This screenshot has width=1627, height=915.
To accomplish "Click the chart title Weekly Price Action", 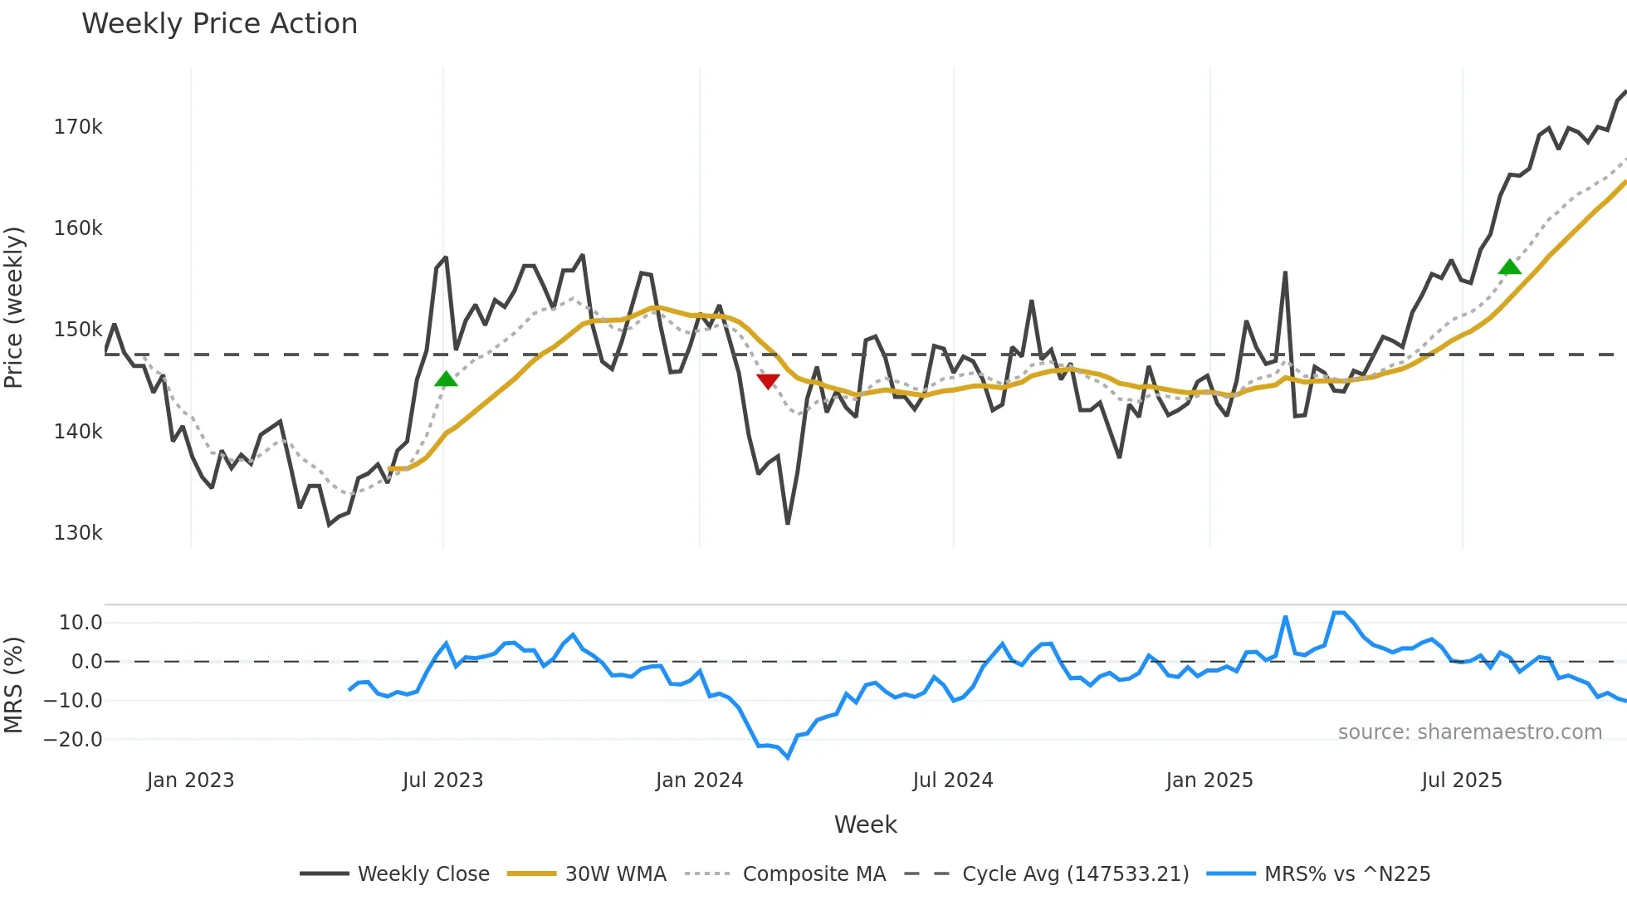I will pyautogui.click(x=219, y=24).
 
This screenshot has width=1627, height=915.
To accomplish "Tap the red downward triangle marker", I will pyautogui.click(x=768, y=381).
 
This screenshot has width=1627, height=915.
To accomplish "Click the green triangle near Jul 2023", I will pyautogui.click(x=446, y=379).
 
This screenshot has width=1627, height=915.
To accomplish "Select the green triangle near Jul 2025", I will pyautogui.click(x=1509, y=267).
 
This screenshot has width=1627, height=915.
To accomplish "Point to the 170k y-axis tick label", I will pyautogui.click(x=78, y=127).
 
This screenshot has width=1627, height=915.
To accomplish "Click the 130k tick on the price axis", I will pyautogui.click(x=78, y=533).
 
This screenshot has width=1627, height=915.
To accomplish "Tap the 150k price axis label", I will pyautogui.click(x=78, y=330).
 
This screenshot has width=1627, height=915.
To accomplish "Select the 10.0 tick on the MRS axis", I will pyautogui.click(x=81, y=623).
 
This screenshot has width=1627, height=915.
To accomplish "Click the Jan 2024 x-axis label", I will pyautogui.click(x=699, y=780).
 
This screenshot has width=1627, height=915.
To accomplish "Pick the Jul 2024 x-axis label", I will pyautogui.click(x=952, y=780).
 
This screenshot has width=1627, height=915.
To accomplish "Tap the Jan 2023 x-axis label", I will pyautogui.click(x=190, y=780).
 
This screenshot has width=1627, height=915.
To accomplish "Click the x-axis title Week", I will pyautogui.click(x=865, y=824).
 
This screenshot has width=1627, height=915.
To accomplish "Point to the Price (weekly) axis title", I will pyautogui.click(x=14, y=307).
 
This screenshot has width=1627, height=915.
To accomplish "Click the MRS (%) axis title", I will pyautogui.click(x=14, y=685).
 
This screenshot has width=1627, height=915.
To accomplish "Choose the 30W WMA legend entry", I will pyautogui.click(x=615, y=874).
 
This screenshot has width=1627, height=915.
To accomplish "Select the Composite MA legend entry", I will pyautogui.click(x=813, y=874).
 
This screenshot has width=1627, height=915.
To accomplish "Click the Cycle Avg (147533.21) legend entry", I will pyautogui.click(x=1075, y=874).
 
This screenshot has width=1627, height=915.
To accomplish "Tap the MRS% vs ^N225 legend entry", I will pyautogui.click(x=1346, y=874).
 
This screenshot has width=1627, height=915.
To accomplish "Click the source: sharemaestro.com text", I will pyautogui.click(x=1469, y=732).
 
